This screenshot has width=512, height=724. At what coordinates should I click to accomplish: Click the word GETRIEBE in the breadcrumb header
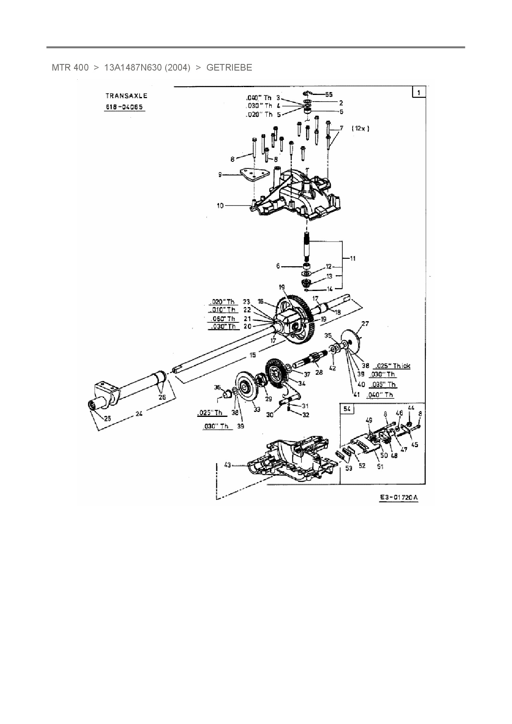229,68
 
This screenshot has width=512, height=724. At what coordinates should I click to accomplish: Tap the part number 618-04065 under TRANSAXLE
124,107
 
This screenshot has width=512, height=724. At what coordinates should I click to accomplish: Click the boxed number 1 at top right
418,92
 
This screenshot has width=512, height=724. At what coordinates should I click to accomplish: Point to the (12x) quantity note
360,128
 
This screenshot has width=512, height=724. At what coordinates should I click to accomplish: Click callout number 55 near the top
329,95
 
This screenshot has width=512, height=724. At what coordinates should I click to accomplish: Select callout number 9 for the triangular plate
220,175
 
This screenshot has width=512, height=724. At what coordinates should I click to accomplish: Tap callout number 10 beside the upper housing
220,205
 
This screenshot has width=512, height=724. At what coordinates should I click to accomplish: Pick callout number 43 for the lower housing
228,465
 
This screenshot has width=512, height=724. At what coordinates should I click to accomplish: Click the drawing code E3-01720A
399,497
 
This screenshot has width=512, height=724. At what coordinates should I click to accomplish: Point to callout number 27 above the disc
365,324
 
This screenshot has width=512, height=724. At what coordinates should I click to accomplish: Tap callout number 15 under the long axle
252,355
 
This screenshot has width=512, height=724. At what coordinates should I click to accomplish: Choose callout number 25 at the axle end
107,418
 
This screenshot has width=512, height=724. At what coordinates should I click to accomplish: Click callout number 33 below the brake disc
257,409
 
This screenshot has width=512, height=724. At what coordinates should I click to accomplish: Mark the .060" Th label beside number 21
222,319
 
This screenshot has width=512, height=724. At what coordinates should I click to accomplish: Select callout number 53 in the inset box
349,468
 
